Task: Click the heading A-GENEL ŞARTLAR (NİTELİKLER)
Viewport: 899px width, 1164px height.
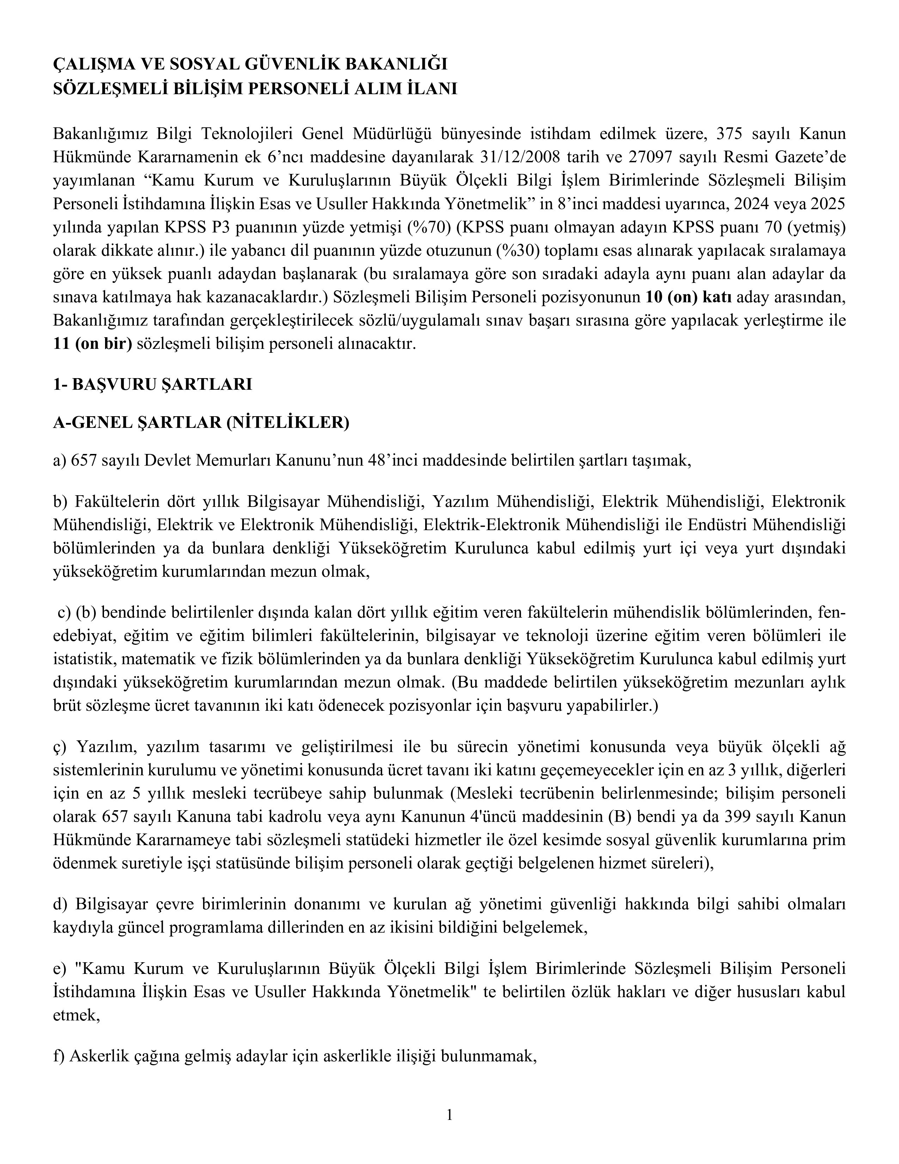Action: tap(201, 423)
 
